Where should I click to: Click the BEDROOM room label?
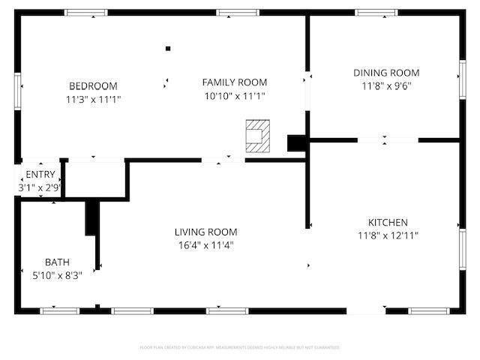click(94, 85)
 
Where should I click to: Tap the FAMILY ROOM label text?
click(235, 82)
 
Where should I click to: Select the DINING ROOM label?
click(386, 73)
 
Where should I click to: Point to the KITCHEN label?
click(388, 223)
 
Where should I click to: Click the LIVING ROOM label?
click(206, 232)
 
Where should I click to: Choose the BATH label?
click(57, 262)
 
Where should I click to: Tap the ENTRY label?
click(40, 175)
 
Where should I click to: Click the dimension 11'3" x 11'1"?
click(94, 98)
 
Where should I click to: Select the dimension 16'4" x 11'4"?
click(206, 244)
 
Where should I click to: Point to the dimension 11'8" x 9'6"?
click(386, 85)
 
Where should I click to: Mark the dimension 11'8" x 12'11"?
click(388, 235)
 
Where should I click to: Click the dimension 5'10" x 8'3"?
click(57, 274)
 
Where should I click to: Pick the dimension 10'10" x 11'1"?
click(235, 95)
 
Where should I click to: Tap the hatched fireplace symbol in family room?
click(257, 133)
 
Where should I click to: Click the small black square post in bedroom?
click(168, 49)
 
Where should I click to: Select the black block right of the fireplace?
click(298, 142)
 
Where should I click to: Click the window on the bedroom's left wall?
click(19, 90)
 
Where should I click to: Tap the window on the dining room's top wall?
click(376, 13)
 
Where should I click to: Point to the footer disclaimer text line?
click(240, 347)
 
